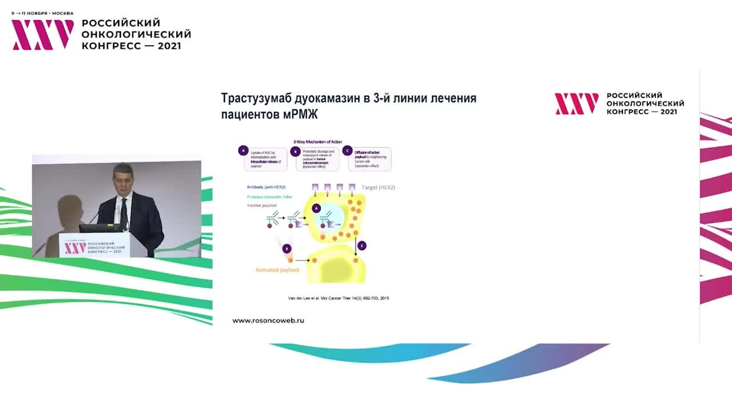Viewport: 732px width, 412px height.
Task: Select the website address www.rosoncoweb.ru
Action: click(x=268, y=320)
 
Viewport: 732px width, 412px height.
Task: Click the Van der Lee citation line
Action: click(x=338, y=298)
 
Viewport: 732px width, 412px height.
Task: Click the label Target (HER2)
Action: click(x=378, y=187)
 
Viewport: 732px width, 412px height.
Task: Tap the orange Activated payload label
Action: click(x=277, y=270)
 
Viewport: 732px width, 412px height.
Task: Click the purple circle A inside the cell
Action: click(x=316, y=209)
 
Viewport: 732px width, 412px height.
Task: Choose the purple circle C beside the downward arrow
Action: click(x=361, y=245)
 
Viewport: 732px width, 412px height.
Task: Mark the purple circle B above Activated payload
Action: click(x=287, y=248)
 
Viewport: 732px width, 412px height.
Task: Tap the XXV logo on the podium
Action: click(x=75, y=248)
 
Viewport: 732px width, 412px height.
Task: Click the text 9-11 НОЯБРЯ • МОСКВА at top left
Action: click(x=42, y=13)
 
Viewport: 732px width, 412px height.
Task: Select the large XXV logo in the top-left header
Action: click(x=43, y=34)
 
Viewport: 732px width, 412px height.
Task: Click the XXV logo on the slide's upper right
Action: click(x=576, y=104)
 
